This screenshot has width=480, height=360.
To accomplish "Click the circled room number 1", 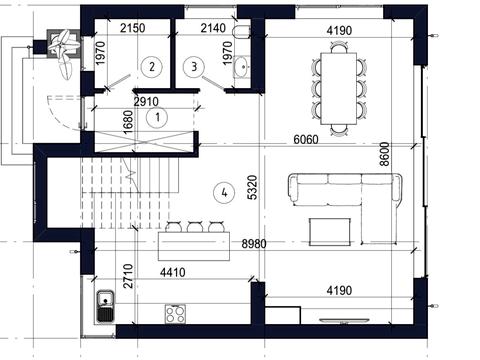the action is [x=157, y=117].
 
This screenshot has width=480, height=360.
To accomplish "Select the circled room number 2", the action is [x=152, y=67].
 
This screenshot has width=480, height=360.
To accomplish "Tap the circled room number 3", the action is [x=194, y=67].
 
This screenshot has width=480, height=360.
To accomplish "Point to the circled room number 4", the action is [x=224, y=192].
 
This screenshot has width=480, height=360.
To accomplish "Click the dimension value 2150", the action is [x=133, y=28].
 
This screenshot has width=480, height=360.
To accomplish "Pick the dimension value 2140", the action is [x=213, y=28].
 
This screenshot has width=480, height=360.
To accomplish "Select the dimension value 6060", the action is [x=306, y=139].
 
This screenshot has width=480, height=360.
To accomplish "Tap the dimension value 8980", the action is [x=254, y=244].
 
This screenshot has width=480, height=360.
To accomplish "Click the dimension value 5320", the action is [x=253, y=187].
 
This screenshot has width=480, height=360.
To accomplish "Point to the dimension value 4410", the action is [x=173, y=272].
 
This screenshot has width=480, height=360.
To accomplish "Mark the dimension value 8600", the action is [x=384, y=154].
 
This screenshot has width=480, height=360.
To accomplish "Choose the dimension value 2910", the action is [x=146, y=102].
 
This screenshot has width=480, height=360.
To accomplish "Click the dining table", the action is [x=339, y=88].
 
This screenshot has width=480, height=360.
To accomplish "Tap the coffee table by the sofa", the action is [x=330, y=232].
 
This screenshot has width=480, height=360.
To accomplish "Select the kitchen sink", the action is [x=106, y=306].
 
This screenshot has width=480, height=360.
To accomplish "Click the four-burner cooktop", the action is [x=175, y=314].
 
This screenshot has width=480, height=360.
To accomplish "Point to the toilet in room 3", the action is [x=240, y=32].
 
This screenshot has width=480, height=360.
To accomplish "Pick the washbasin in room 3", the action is [x=241, y=67].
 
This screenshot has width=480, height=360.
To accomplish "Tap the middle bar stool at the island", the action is [x=195, y=227].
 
